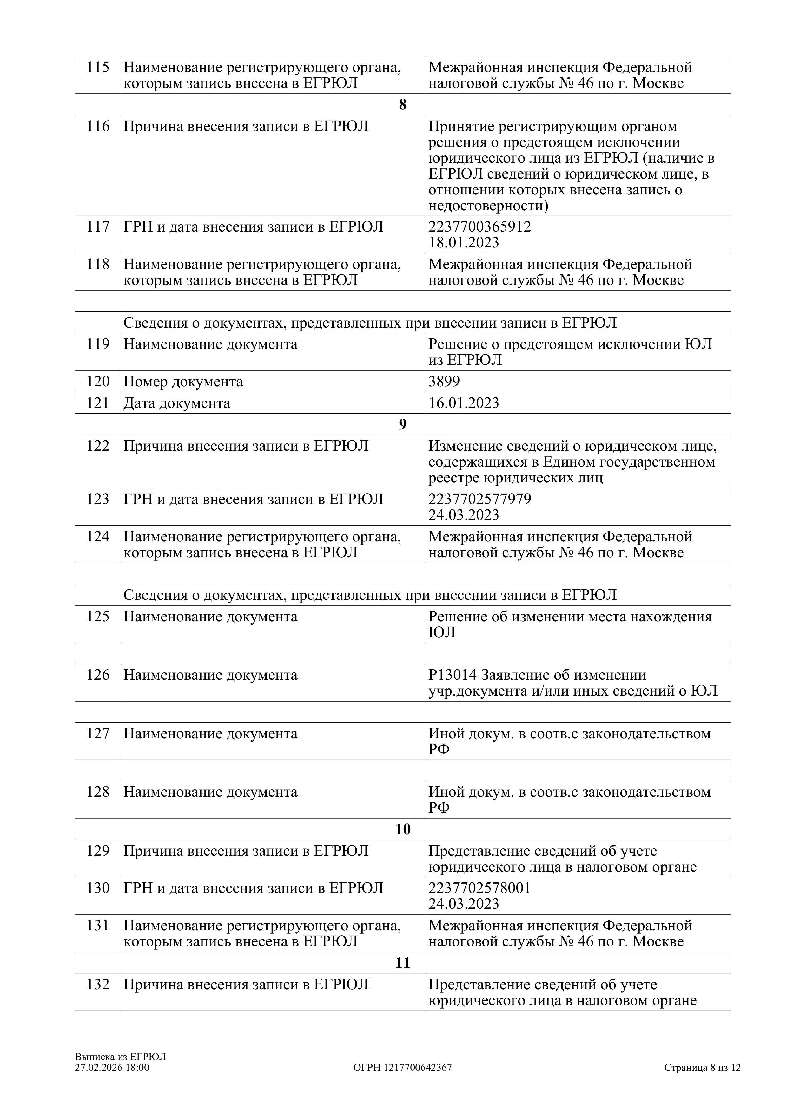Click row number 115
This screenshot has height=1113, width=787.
pos(98,67)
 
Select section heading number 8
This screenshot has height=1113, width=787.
pos(402,105)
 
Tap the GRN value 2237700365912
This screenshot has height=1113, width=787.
pos(479,227)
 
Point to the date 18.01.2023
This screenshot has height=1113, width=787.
pos(464,242)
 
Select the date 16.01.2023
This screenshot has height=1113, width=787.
pos(464,403)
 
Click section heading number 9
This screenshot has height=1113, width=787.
pos(402,425)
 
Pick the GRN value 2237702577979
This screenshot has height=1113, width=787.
pos(479,499)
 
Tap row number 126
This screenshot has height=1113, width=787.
pos(98,675)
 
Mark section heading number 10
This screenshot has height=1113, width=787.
pos(402,829)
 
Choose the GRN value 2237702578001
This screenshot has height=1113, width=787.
pos(479,888)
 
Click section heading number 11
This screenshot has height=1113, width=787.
pos(402,963)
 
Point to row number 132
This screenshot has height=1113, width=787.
pos(98,985)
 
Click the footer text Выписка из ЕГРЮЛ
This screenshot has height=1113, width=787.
pos(120,1057)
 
